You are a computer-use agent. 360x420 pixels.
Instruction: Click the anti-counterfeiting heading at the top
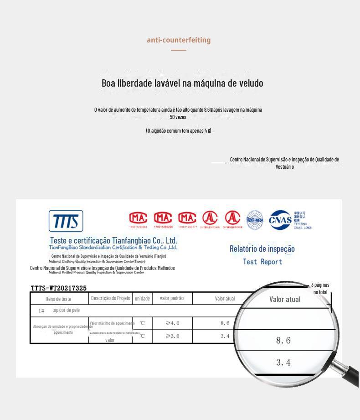click(x=179, y=40)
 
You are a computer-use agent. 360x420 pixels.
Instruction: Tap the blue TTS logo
click(x=66, y=221)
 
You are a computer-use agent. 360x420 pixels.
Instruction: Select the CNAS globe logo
click(x=280, y=220)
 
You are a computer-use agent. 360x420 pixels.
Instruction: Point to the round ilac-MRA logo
click(x=255, y=220)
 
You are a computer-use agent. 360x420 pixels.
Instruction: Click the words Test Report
click(x=262, y=262)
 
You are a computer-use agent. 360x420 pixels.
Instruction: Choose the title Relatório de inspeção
click(x=262, y=249)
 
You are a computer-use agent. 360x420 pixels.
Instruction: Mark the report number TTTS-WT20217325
click(x=59, y=288)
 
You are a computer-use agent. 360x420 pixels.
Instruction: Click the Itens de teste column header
click(x=58, y=299)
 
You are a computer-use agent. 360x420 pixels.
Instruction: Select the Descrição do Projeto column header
click(x=111, y=298)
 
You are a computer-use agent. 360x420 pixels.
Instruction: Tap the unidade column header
click(x=142, y=299)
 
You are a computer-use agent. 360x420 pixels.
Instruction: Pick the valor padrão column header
click(x=172, y=298)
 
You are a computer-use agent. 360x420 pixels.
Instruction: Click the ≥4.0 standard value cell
click(x=172, y=323)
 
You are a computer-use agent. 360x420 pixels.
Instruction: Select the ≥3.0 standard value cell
click(x=172, y=336)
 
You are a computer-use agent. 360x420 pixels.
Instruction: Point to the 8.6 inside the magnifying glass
click(x=283, y=341)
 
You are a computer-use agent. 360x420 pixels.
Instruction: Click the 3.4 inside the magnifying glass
click(x=283, y=363)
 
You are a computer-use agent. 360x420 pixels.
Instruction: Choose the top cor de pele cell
click(x=66, y=310)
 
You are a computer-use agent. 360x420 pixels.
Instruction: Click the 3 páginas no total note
click(x=320, y=289)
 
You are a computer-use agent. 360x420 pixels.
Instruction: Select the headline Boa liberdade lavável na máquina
click(x=182, y=83)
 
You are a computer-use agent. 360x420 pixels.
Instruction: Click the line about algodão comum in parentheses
click(x=179, y=131)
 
